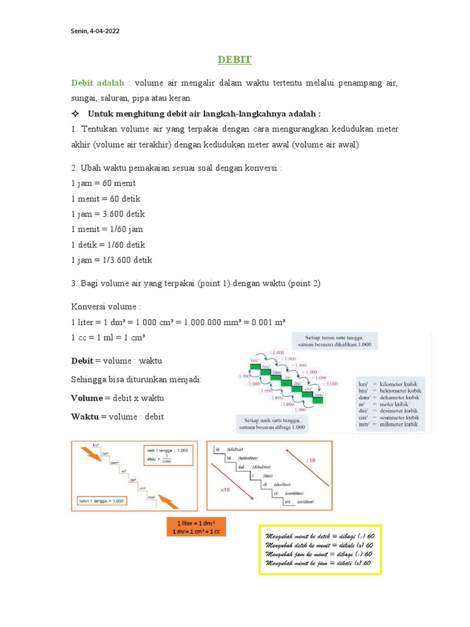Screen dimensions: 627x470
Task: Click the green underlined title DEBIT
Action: coord(234,60)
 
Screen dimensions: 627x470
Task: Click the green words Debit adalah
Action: coord(98,83)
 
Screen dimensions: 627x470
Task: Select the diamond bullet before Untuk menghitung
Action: coord(75,114)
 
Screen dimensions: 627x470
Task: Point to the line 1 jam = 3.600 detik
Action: coord(108,214)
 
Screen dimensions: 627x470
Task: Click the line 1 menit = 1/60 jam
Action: coord(107,229)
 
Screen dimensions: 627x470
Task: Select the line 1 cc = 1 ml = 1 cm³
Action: coord(108,337)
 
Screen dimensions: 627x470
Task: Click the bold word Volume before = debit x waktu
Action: coord(87,398)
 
